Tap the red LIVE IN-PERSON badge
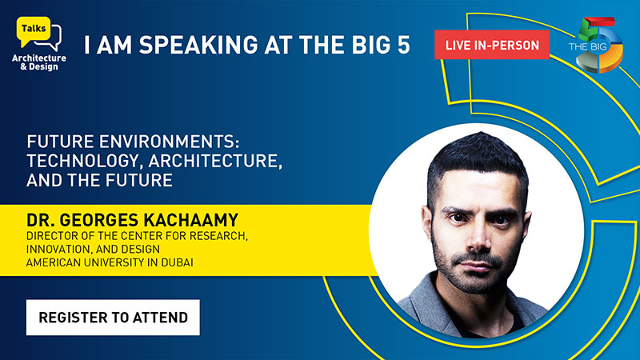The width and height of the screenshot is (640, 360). point(492,45)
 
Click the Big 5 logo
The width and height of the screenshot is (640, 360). point(596,45)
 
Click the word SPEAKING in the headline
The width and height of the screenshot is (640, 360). point(198,45)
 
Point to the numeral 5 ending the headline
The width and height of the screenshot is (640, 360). point(403,45)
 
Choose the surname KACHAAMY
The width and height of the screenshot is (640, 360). point(190,220)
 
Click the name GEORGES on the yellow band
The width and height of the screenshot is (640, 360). point(98,220)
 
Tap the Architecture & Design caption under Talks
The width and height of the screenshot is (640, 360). point(39,62)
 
